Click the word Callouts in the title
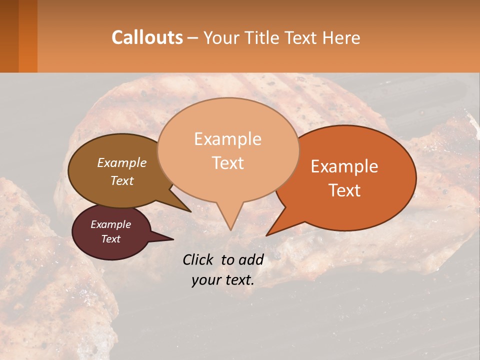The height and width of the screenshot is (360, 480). pos(147,37)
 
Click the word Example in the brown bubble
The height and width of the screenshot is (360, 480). pos(121,163)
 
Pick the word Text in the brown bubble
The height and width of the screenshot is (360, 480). pos(121,181)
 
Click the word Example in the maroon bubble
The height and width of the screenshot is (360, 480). pos(110,224)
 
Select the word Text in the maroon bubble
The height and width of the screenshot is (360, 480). pos(110,239)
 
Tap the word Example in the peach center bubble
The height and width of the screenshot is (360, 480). pos(227,139)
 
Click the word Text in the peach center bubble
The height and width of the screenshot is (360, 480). pos(227,163)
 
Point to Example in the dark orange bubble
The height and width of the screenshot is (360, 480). pos(344,166)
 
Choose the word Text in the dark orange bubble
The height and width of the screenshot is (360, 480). pos(344,190)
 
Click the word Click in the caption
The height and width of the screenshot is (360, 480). pos(198,259)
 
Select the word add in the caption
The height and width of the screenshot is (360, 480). pos(251,259)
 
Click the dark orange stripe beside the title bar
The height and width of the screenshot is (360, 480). pos(27,36)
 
